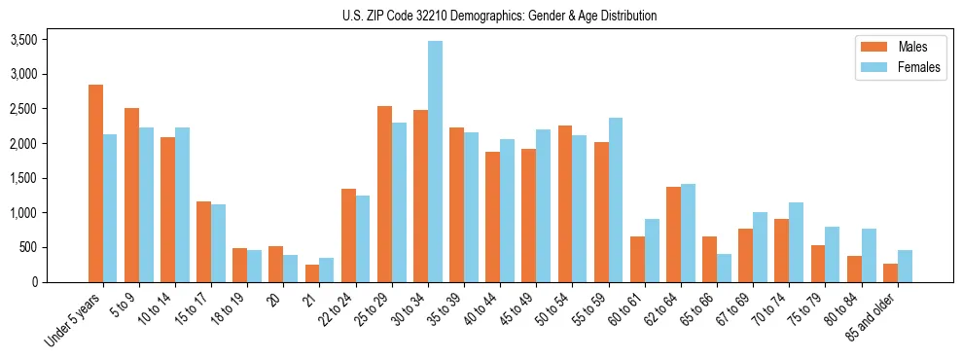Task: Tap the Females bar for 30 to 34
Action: pos(435,162)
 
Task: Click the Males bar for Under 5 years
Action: pos(95,183)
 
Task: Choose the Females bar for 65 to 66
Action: pos(724,268)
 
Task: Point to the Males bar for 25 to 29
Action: pos(384,194)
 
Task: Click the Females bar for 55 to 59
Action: pos(615,199)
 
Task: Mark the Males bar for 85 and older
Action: pos(890,272)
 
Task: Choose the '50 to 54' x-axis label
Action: pos(552,309)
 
